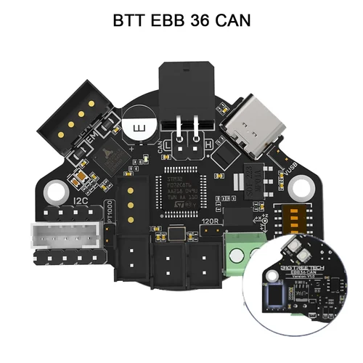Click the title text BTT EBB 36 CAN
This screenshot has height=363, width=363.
click(x=181, y=20)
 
